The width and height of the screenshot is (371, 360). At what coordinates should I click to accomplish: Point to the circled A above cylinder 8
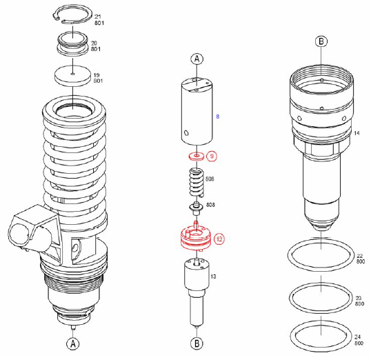tap(197, 59)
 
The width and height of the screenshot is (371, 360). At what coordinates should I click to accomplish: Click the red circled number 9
tap(212, 157)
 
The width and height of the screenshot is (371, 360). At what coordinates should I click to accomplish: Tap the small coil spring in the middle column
tap(197, 185)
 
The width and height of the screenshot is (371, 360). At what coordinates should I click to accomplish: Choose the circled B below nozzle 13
tap(197, 343)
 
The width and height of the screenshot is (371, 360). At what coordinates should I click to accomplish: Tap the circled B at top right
tap(321, 41)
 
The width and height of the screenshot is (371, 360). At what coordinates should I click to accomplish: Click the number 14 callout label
tap(357, 131)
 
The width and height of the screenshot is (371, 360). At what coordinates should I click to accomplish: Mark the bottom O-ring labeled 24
tap(321, 336)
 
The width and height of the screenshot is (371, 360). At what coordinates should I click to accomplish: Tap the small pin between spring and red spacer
tap(196, 207)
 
